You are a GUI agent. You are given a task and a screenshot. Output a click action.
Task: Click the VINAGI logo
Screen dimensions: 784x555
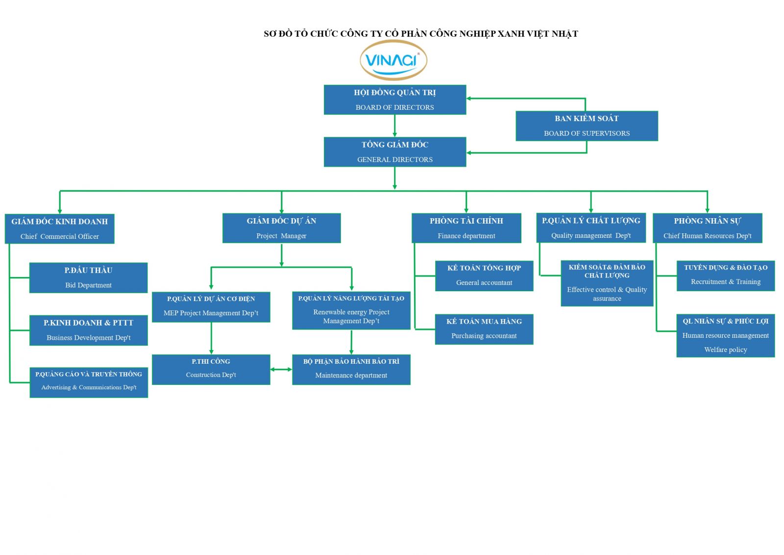click(393, 60)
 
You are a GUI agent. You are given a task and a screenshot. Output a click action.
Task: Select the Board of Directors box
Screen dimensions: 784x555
click(395, 100)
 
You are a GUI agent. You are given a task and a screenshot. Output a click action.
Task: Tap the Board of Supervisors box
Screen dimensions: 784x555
click(587, 126)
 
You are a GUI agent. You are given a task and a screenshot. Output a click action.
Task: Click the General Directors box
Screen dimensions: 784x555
click(395, 152)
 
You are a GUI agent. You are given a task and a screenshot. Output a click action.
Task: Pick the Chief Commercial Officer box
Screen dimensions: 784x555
click(59, 228)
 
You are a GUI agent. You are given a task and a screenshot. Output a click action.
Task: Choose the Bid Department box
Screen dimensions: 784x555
click(89, 277)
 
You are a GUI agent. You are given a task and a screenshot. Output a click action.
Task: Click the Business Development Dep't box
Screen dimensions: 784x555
click(89, 330)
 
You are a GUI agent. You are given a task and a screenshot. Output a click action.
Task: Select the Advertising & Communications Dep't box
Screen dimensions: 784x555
click(89, 382)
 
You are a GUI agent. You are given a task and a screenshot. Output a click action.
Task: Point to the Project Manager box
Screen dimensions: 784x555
click(281, 228)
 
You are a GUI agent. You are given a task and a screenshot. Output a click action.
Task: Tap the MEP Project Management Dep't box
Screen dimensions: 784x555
click(211, 307)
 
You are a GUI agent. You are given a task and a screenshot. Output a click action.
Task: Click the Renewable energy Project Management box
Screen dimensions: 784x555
click(351, 310)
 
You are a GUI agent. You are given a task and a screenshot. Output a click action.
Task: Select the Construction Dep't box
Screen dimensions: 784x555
click(211, 370)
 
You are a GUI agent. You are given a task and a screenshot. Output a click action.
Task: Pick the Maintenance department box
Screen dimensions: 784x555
click(351, 370)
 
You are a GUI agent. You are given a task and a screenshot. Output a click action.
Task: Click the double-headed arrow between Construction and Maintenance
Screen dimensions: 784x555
click(281, 369)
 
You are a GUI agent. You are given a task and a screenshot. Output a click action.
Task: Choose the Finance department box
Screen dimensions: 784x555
click(466, 228)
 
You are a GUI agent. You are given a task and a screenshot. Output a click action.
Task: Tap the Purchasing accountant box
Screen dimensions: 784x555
click(484, 329)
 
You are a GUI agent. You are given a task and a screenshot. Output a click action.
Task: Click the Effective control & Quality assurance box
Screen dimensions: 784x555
click(607, 283)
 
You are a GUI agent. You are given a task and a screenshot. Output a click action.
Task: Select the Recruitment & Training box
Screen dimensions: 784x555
click(726, 276)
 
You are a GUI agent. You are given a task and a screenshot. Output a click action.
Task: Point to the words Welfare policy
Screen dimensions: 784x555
click(726, 350)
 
